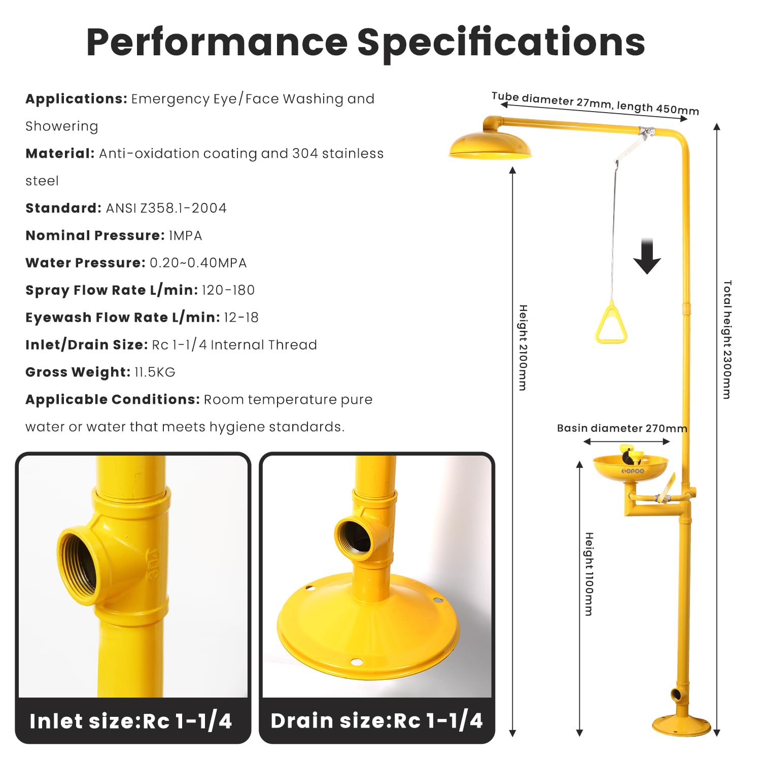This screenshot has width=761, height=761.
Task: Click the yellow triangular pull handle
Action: tap(611, 325)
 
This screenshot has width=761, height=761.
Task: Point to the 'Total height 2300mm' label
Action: tap(727, 339)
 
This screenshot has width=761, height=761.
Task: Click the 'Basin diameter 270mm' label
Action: tap(622, 428)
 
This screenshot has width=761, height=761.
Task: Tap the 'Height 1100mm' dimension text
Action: tap(589, 574)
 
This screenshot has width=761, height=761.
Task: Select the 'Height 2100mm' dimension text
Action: tap(523, 348)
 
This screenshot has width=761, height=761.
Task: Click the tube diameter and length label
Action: tap(595, 103)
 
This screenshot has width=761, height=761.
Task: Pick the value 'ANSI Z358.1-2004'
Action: tap(166, 208)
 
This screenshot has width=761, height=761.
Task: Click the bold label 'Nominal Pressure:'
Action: tap(95, 235)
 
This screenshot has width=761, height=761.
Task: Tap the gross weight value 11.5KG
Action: tap(155, 372)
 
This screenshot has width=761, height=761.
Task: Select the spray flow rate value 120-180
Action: tap(228, 290)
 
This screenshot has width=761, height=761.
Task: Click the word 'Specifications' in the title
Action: tap(501, 42)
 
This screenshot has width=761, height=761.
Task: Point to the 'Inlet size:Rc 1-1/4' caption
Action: tap(131, 721)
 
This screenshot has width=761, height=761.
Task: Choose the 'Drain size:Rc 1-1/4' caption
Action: tap(376, 720)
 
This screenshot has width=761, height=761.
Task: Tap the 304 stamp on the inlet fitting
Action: tap(153, 564)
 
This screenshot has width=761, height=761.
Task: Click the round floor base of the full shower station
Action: tap(681, 725)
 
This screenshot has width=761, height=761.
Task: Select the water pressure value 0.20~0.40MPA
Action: tap(198, 263)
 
